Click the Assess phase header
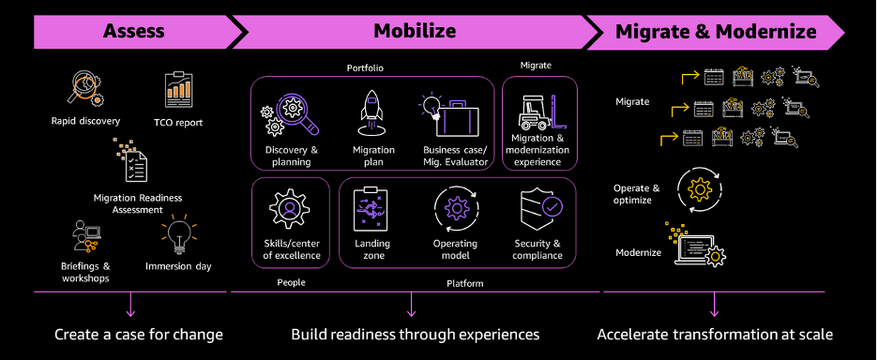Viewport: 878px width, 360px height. tap(132, 31)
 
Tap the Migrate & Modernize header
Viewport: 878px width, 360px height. tap(716, 31)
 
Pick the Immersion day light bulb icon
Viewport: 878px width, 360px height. tap(178, 235)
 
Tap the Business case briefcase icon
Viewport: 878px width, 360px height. tap(454, 116)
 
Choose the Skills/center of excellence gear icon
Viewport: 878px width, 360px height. tap(290, 207)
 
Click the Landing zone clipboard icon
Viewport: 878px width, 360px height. tap(371, 209)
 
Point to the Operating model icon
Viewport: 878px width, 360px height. tap(456, 208)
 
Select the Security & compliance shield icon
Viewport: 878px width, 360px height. tap(538, 208)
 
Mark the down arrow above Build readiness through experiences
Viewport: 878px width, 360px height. tap(411, 305)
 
